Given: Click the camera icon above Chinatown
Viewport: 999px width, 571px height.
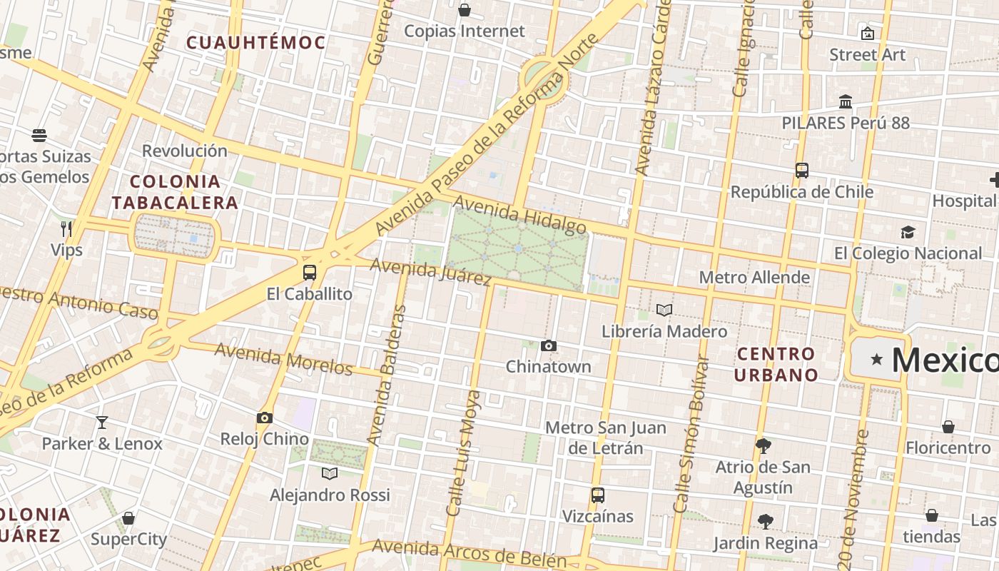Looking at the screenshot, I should click(x=548, y=346).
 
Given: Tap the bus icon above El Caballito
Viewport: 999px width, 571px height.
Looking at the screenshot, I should click(x=309, y=272).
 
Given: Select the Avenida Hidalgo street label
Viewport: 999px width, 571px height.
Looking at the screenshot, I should click(x=519, y=216).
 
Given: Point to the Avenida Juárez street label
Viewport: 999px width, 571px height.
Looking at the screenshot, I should click(x=430, y=271).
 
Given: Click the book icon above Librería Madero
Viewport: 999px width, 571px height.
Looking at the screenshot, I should click(x=664, y=310).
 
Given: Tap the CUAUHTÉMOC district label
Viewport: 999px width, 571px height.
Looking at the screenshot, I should click(x=256, y=43).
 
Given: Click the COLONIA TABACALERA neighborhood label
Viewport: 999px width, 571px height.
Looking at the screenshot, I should click(x=175, y=192).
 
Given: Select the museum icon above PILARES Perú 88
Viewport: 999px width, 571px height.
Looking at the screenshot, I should click(x=846, y=101).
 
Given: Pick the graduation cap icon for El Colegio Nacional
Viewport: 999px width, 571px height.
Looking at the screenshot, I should click(x=908, y=232).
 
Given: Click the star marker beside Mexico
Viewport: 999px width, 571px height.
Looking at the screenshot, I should click(x=876, y=359).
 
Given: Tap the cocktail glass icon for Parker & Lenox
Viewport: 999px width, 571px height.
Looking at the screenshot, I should click(x=102, y=422).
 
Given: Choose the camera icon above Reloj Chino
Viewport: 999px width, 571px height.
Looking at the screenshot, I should click(x=265, y=418).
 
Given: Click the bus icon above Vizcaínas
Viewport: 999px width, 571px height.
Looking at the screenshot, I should click(x=598, y=495).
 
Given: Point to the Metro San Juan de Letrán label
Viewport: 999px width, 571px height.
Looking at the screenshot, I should click(x=606, y=438).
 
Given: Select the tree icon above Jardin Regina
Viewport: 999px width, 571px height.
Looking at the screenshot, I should click(x=766, y=522).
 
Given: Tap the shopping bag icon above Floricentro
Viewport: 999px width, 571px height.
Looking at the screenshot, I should click(x=948, y=427).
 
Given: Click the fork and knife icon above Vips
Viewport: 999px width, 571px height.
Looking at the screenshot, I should click(x=66, y=228).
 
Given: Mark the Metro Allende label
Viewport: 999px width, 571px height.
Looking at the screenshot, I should click(x=754, y=277).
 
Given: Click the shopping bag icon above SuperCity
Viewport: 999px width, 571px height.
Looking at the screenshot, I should click(x=128, y=518).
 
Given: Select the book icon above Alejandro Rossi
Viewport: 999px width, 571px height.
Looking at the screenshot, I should click(x=329, y=473).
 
